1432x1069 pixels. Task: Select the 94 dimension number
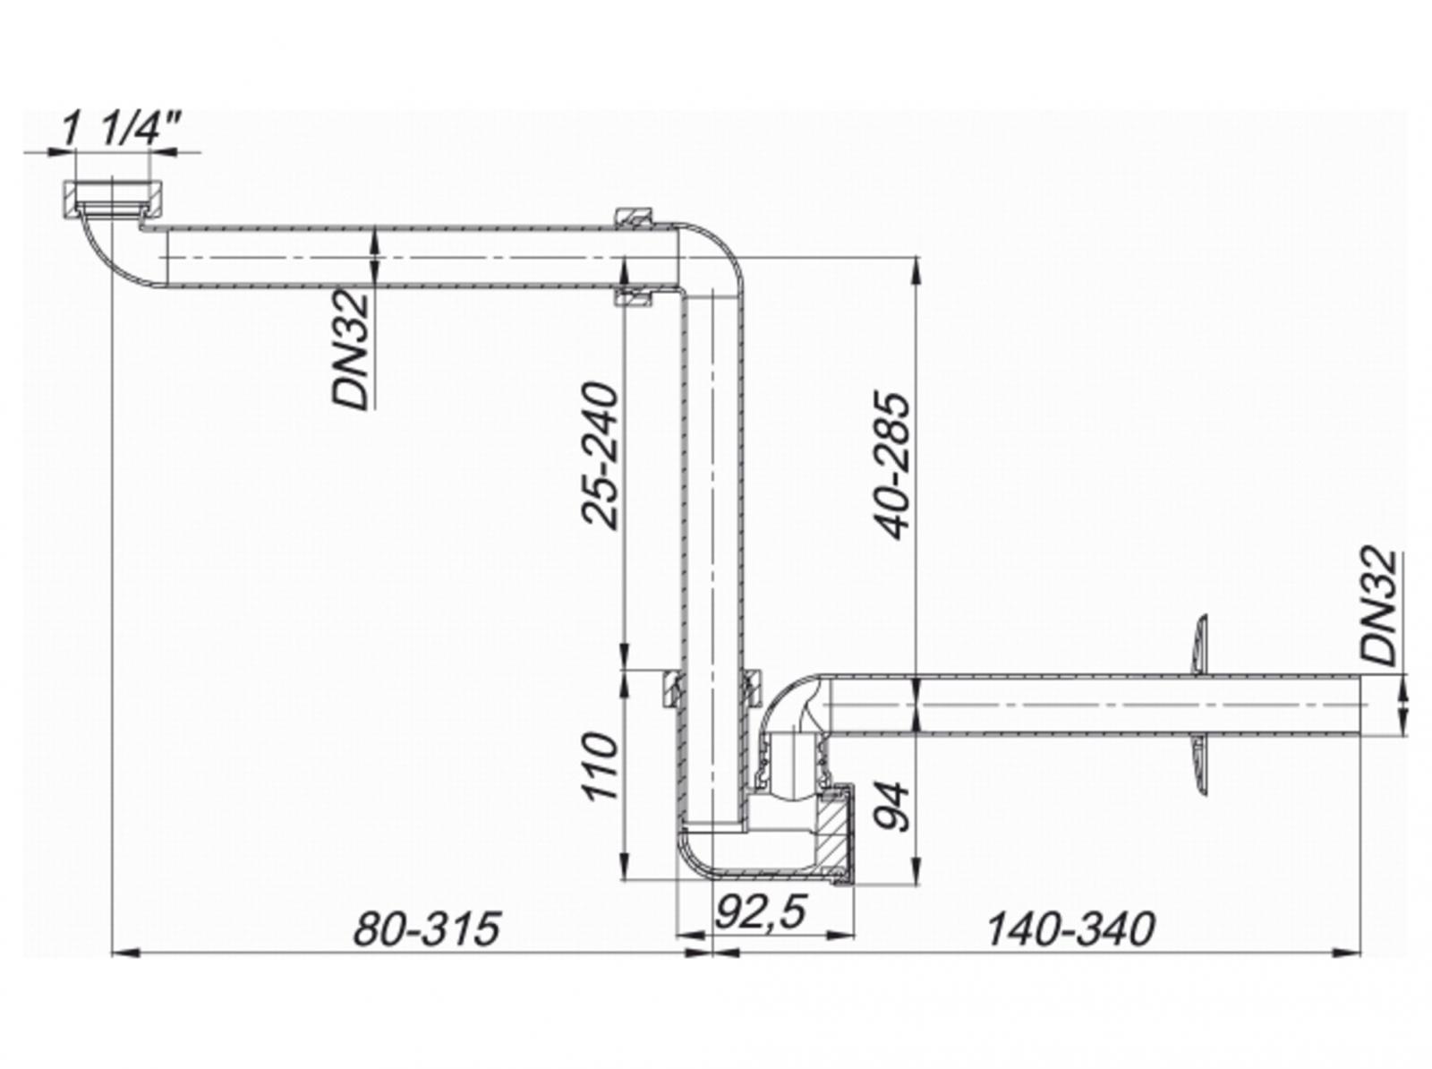(893, 806)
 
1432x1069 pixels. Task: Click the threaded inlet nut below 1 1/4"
(113, 198)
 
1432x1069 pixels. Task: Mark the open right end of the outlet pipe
(1360, 706)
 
